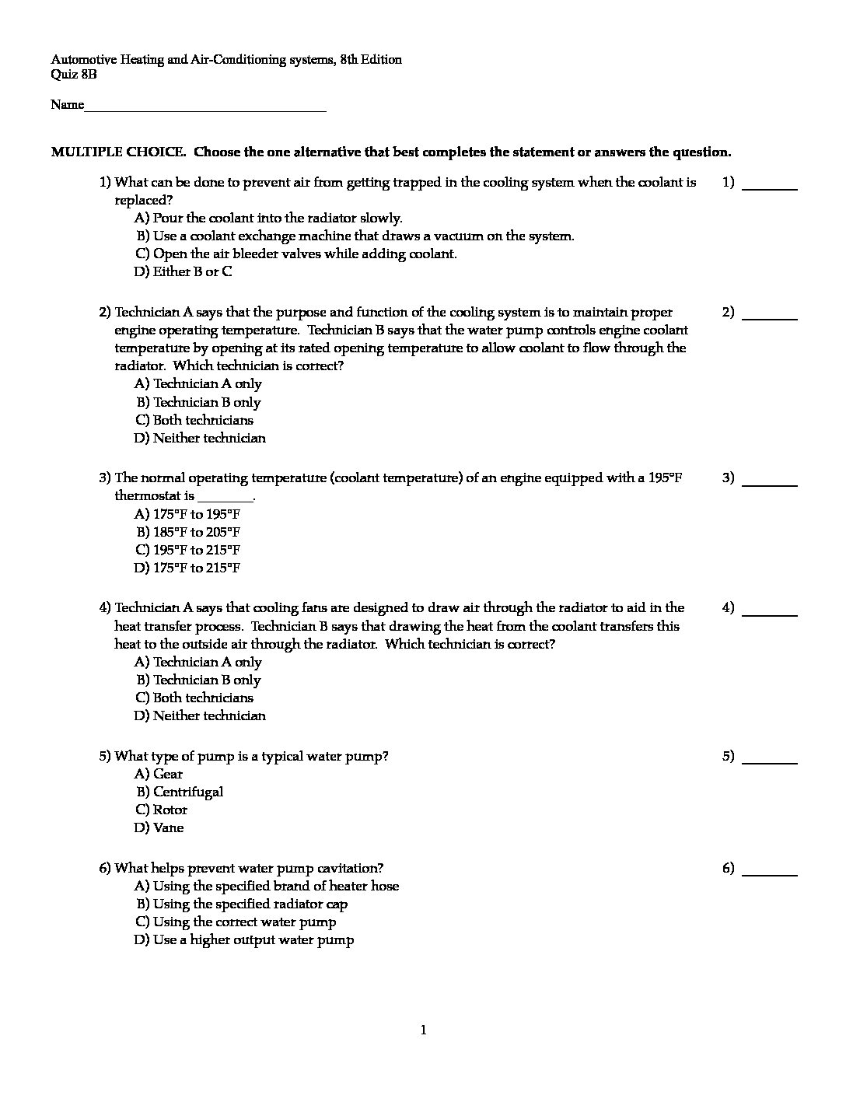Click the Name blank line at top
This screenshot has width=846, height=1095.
click(205, 107)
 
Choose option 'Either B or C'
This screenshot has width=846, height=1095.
click(192, 271)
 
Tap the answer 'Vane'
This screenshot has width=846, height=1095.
click(168, 827)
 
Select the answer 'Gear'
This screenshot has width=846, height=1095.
click(168, 774)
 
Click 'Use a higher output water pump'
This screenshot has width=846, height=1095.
click(253, 939)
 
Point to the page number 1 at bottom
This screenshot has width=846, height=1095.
click(423, 1030)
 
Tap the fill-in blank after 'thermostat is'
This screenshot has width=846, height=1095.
click(225, 498)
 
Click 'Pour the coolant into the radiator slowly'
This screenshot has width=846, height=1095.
click(278, 218)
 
